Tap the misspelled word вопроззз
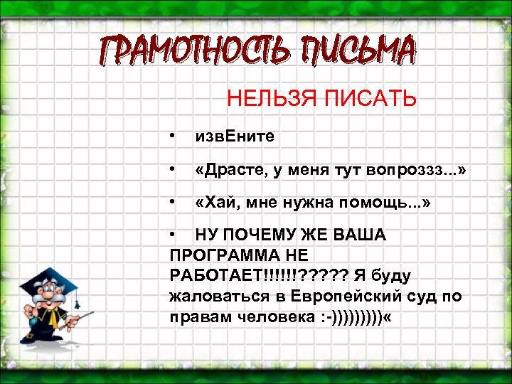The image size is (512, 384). [402, 171]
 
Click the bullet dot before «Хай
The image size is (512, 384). [173, 204]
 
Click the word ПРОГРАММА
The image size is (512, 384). [220, 255]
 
